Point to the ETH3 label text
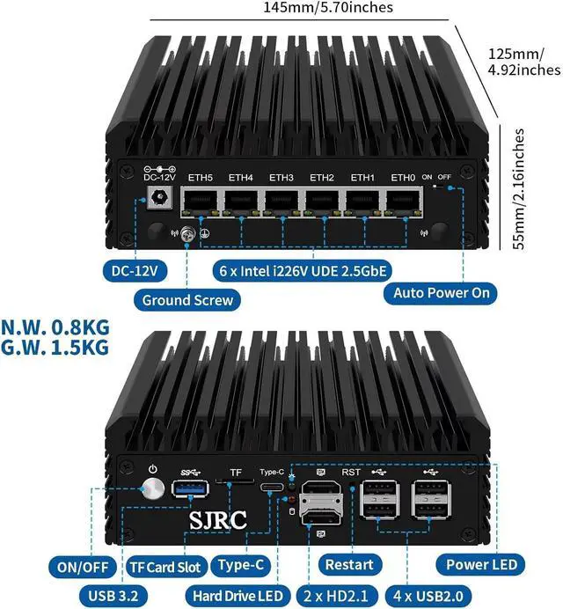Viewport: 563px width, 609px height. (x=281, y=178)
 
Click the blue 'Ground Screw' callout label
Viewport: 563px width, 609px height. (x=188, y=300)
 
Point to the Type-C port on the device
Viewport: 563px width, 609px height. (x=273, y=488)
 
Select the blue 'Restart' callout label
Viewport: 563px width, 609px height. (x=349, y=564)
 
